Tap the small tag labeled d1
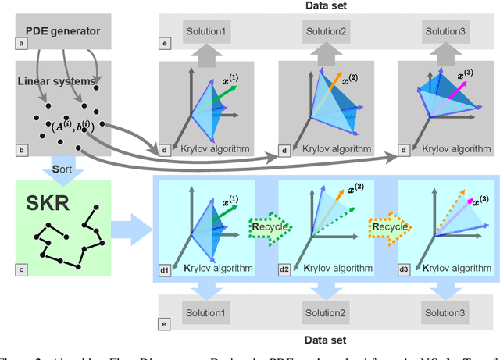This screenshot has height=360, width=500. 165,270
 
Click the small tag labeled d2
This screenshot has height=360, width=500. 285,270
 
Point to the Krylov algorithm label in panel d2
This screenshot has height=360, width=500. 332,269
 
